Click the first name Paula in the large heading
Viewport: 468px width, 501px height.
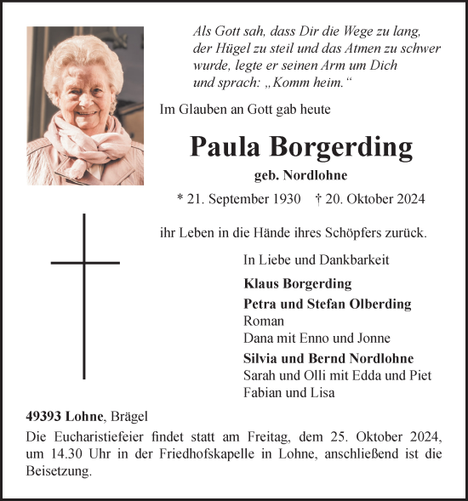point(225,148)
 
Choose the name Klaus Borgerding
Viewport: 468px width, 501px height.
point(297,283)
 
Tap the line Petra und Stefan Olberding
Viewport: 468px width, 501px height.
point(327,304)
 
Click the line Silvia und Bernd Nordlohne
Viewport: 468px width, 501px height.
point(328,358)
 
